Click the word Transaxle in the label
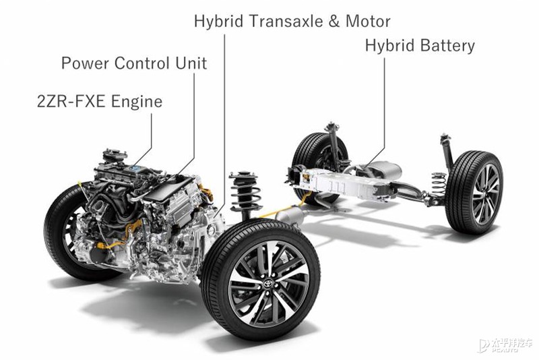pos(286,21)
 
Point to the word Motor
pos(368,21)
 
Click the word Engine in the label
pos(137,102)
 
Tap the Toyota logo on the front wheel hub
pos(267,284)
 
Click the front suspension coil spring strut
pos(245,193)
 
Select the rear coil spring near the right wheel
pos(439,184)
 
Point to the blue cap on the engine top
pos(137,169)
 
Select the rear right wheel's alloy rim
pos(486,194)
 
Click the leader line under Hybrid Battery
pos(384,110)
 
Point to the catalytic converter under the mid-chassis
pos(290,216)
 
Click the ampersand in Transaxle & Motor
pos(334,22)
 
